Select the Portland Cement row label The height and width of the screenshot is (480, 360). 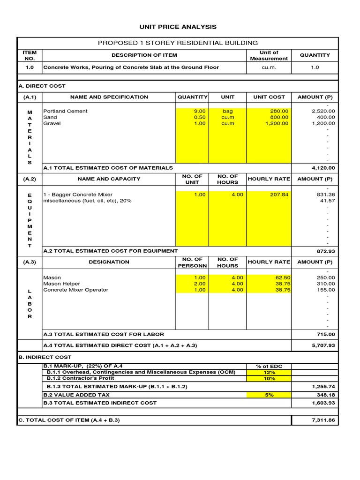(x=65, y=111)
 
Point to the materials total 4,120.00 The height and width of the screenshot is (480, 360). (x=323, y=168)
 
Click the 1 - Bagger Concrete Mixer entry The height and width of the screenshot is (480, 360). (x=78, y=195)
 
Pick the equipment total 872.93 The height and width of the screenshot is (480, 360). (x=326, y=251)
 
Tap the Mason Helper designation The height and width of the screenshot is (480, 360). (x=61, y=284)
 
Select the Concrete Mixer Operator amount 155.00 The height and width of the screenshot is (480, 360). (x=326, y=290)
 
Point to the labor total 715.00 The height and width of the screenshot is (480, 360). (x=326, y=334)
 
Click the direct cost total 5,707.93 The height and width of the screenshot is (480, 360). (x=323, y=345)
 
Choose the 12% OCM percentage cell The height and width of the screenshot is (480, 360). (x=269, y=372)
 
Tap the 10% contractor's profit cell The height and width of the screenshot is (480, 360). (x=269, y=378)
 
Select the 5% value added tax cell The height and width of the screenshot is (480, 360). (x=269, y=395)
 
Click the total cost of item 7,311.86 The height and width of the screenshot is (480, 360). (x=323, y=420)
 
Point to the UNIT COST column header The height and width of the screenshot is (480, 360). (x=269, y=97)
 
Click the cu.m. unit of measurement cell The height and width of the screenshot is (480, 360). (x=269, y=67)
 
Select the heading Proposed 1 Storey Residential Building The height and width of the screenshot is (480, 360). (x=178, y=43)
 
